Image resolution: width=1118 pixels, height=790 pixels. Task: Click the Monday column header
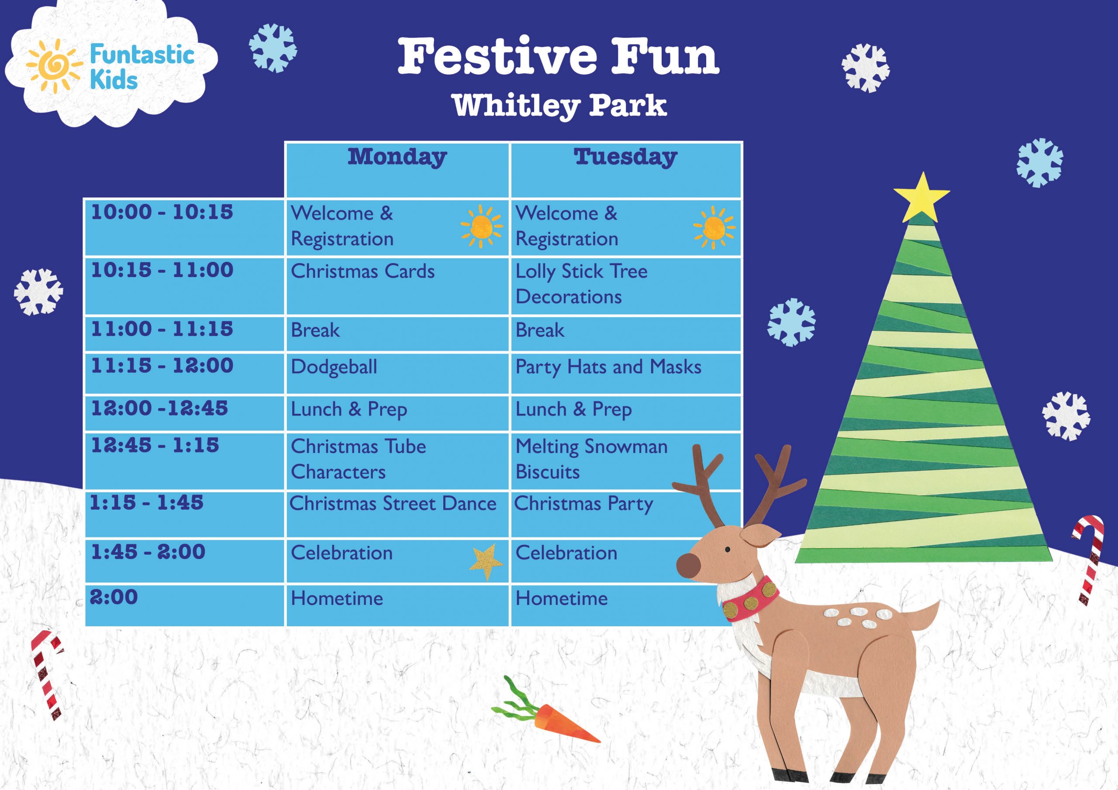[x=397, y=157]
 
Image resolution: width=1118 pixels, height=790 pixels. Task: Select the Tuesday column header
[x=625, y=157]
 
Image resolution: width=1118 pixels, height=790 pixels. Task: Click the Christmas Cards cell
[x=362, y=271]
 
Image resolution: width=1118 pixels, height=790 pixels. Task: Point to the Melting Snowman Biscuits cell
[x=591, y=459]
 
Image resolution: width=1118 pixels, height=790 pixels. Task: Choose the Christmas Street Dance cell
[x=393, y=504]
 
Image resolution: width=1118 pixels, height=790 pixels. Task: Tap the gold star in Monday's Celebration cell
[x=487, y=561]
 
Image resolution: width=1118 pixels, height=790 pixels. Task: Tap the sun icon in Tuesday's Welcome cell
[x=714, y=227]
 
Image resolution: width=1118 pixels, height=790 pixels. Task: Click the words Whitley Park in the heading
[x=559, y=105]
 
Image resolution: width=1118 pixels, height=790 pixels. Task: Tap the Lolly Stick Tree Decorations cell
[x=581, y=284]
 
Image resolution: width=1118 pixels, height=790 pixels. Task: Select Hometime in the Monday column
[x=337, y=599]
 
